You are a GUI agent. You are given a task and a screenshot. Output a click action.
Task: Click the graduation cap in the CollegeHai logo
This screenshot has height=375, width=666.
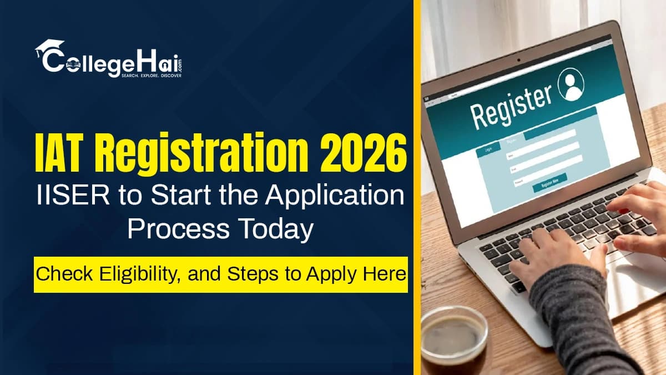click(49, 46)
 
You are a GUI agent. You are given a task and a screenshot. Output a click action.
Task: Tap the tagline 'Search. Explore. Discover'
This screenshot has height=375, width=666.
click(151, 74)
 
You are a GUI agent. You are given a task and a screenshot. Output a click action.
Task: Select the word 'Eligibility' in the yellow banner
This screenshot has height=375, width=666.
click(128, 274)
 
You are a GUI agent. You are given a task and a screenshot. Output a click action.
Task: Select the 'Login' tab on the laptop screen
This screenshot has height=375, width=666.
click(488, 149)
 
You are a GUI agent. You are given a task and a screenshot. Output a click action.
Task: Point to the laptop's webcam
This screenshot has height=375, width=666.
click(518, 59)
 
